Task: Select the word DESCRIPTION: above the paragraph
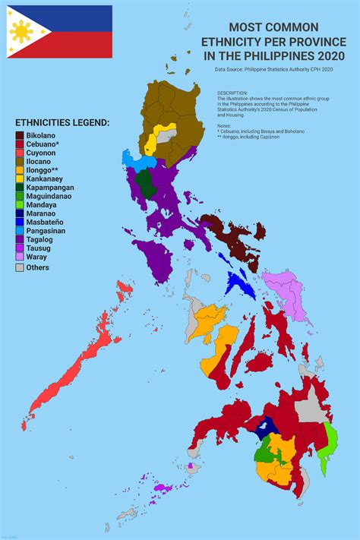pos(235,93)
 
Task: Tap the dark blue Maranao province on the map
pos(267,428)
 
